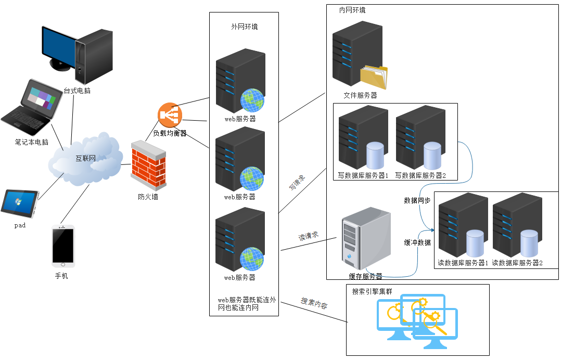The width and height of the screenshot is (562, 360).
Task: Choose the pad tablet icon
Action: tap(20, 203)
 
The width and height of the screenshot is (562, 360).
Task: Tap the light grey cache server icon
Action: tap(365, 238)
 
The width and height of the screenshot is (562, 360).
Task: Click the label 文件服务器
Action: tap(360, 96)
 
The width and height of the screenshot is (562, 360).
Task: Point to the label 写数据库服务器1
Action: tap(363, 175)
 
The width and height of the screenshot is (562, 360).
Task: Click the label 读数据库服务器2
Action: tap(517, 263)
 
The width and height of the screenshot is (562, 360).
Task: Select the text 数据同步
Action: tap(417, 200)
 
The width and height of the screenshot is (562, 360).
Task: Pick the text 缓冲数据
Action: tap(417, 243)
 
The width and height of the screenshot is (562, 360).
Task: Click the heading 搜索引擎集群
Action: tap(372, 291)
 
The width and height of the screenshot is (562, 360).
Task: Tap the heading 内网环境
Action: tap(352, 10)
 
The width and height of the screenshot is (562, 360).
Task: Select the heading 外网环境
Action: tap(244, 27)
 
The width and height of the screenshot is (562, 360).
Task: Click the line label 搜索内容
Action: tap(314, 304)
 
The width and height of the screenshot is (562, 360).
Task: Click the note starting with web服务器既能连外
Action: tap(247, 304)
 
